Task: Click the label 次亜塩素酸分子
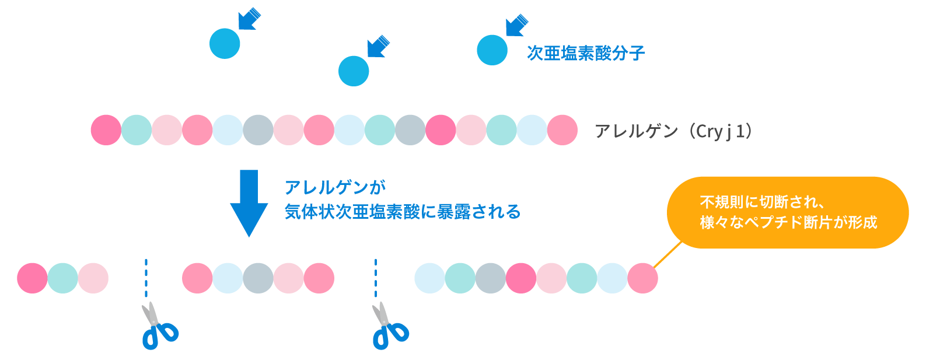[x=585, y=53]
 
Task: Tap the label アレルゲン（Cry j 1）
[x=675, y=131]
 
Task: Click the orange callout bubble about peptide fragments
[x=788, y=212]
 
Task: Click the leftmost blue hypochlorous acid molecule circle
[x=225, y=44]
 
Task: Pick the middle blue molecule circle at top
[x=354, y=71]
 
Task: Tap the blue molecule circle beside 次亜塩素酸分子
[x=492, y=50]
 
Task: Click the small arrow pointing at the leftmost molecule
[x=250, y=19]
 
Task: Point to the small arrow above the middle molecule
[x=378, y=46]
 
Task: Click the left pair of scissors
[x=158, y=327]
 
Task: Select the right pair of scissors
[x=388, y=327]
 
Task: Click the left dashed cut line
[x=146, y=278]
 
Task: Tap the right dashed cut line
[x=376, y=278]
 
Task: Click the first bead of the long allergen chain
[x=106, y=130]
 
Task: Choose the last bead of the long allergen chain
[x=562, y=130]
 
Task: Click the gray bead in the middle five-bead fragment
[x=258, y=278]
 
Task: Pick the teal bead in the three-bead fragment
[x=62, y=278]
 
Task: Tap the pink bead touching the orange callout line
[x=642, y=278]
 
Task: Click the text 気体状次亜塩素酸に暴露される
[x=402, y=211]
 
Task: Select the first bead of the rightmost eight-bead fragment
[x=429, y=278]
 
